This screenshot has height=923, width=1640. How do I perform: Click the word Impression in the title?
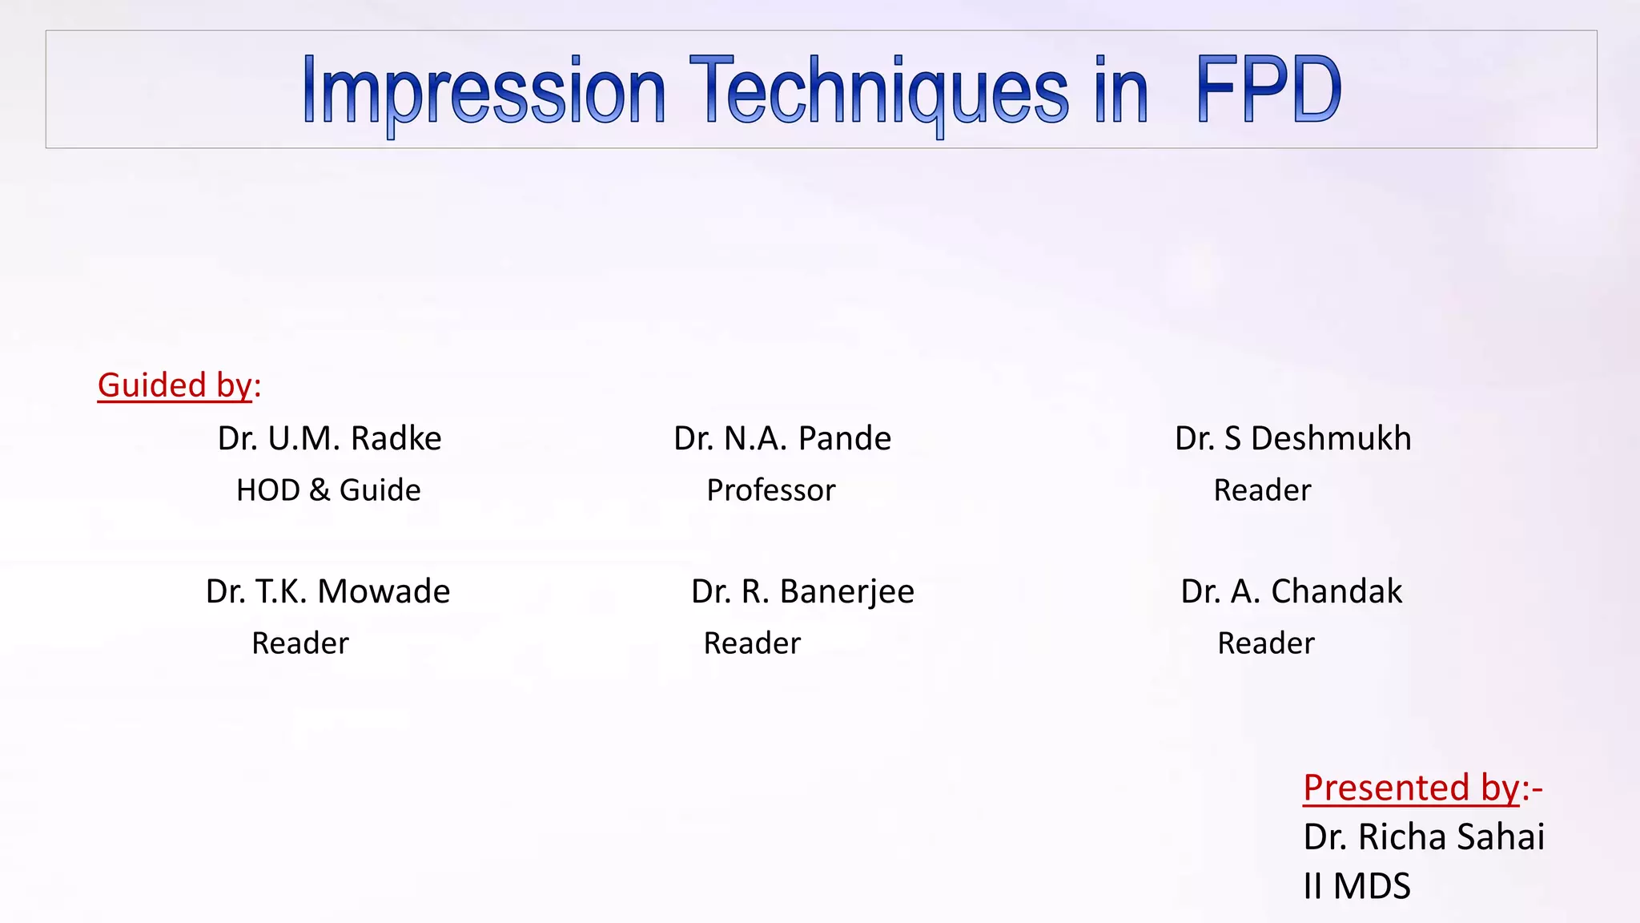(x=484, y=91)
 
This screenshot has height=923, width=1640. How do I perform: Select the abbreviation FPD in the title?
(x=1268, y=90)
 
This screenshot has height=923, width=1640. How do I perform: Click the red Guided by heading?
(x=179, y=385)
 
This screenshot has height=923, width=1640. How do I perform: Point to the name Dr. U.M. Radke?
(x=329, y=439)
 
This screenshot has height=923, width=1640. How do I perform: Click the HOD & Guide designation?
(x=328, y=490)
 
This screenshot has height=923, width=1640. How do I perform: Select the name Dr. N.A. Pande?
(x=782, y=439)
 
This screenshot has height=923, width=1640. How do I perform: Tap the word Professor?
(x=770, y=490)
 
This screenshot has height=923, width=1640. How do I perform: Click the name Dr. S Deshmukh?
(x=1292, y=439)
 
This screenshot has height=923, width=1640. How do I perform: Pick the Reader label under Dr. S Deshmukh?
(x=1262, y=490)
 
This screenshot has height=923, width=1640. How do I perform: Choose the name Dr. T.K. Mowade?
(x=328, y=592)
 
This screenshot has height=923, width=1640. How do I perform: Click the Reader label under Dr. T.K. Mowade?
(x=300, y=643)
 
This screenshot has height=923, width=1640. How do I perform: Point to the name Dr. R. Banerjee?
(x=802, y=592)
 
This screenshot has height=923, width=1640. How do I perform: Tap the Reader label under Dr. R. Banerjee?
(x=752, y=643)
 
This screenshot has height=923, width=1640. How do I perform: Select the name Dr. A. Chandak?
(x=1291, y=592)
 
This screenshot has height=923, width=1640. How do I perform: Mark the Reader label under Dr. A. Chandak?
(x=1266, y=643)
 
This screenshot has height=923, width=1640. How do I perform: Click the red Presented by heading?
(x=1421, y=788)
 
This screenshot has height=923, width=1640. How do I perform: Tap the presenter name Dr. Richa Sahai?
(x=1423, y=837)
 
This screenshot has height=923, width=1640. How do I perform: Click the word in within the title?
(x=1121, y=91)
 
